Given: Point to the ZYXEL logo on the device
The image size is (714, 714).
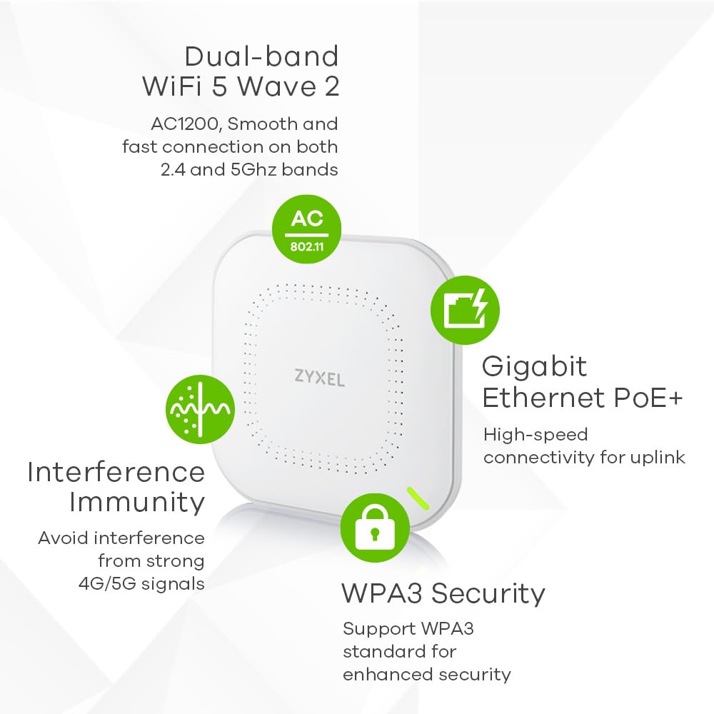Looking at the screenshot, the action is [319, 378].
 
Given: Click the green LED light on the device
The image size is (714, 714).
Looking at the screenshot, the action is [417, 498].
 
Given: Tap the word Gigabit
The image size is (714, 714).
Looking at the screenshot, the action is [534, 366].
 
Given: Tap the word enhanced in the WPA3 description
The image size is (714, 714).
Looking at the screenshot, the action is [383, 674].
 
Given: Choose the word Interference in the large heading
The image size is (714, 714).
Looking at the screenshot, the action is [116, 471].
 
